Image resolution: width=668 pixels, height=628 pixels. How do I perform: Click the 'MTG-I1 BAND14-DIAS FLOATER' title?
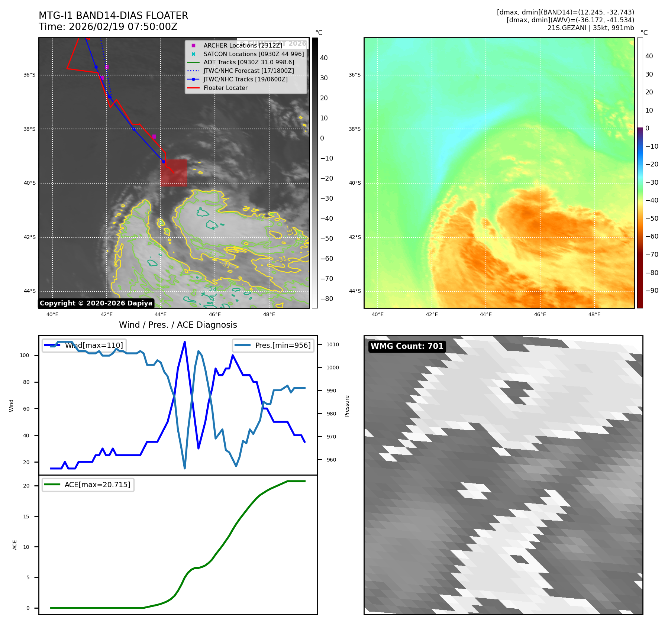click(x=113, y=16)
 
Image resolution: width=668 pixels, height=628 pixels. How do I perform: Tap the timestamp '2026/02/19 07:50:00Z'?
click(x=123, y=27)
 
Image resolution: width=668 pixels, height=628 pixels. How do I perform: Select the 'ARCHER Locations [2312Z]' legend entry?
click(x=243, y=45)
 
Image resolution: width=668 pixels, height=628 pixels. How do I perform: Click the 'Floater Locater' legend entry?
click(x=225, y=88)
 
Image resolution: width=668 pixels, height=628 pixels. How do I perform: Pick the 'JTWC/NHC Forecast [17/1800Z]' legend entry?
click(x=248, y=71)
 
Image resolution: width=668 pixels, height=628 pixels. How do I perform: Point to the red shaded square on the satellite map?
click(x=174, y=173)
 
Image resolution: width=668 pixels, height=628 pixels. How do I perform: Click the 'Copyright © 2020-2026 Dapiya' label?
click(x=96, y=303)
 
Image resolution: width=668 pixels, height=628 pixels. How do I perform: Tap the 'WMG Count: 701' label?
click(x=407, y=346)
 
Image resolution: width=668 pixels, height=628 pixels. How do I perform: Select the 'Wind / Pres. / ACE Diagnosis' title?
click(x=178, y=325)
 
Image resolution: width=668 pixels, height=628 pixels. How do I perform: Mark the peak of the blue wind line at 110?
click(x=185, y=342)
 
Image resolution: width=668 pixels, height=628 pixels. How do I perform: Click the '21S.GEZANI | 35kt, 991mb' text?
click(x=591, y=28)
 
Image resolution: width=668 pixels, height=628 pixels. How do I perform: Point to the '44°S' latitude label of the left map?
click(x=30, y=291)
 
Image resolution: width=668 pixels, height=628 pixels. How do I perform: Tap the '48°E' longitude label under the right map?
click(x=594, y=314)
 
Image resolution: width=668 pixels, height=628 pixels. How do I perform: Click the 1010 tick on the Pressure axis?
click(x=333, y=344)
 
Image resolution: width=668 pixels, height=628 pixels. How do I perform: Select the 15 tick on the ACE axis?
click(x=26, y=517)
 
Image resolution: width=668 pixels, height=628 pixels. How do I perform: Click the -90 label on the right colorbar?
click(x=652, y=291)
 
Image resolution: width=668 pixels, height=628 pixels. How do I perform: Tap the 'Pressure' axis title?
click(x=347, y=406)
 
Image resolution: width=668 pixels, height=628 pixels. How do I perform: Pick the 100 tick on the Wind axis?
click(x=24, y=355)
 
